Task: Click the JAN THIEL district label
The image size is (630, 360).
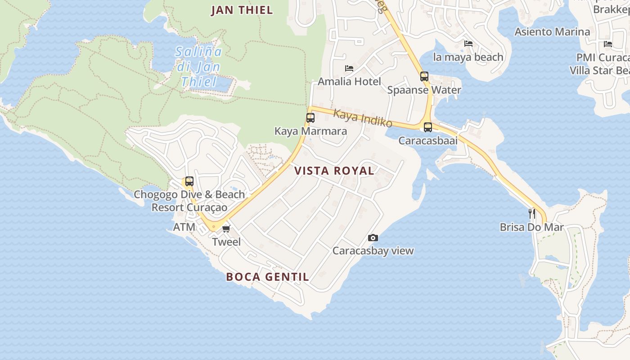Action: [x=242, y=10]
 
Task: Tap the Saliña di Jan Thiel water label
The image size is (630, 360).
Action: [x=198, y=67]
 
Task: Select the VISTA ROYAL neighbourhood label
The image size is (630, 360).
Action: [x=334, y=171]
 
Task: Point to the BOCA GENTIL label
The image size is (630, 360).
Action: [x=268, y=277]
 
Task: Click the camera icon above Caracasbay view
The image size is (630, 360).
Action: [x=373, y=238]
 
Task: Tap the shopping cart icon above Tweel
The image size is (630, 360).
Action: [x=226, y=229]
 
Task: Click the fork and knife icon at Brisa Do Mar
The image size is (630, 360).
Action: [x=532, y=213]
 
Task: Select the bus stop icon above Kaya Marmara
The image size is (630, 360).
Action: [x=310, y=118]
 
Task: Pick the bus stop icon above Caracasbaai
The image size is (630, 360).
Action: [x=428, y=127]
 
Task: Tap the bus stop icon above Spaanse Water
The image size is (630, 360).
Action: [x=424, y=76]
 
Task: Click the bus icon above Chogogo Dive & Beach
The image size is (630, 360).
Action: [x=189, y=181]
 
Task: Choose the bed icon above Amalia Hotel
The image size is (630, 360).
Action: [x=349, y=68]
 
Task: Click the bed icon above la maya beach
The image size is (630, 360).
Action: [x=468, y=44]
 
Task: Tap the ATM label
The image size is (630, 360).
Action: [x=184, y=227]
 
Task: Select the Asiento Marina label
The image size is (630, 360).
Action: [x=552, y=31]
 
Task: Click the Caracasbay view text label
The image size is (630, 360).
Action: [x=373, y=251]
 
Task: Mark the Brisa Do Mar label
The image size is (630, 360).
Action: [x=531, y=227]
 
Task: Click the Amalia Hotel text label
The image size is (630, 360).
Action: [x=349, y=81]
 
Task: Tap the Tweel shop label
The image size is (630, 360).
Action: [x=226, y=242]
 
